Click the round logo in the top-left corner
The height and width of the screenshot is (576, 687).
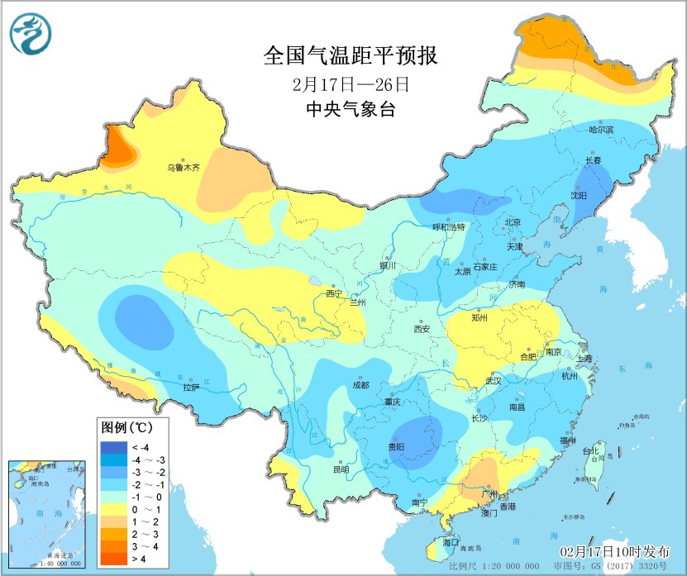click(31, 33)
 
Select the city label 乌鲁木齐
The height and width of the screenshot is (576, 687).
click(184, 168)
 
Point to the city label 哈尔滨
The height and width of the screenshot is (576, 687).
click(601, 130)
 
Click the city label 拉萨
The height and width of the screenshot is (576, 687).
click(191, 386)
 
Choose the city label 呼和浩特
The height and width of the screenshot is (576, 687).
click(449, 226)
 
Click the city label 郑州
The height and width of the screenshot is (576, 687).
click(479, 317)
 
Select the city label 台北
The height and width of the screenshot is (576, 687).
click(590, 451)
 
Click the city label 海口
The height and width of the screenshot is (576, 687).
click(451, 542)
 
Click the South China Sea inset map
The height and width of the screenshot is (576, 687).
click(48, 513)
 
